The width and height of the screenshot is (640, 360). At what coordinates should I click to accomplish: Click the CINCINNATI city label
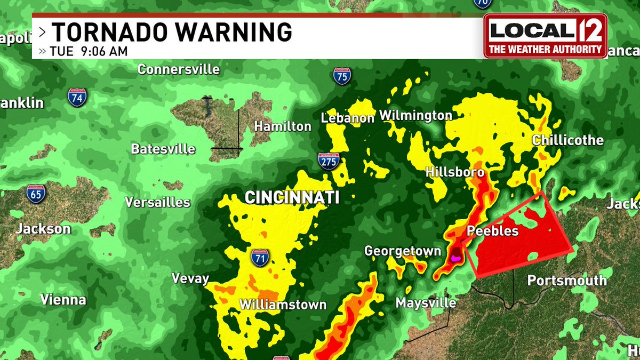tap(292, 198)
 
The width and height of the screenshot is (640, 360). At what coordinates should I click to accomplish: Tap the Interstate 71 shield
tap(260, 258)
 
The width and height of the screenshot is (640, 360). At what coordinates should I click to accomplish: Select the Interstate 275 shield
tap(329, 161)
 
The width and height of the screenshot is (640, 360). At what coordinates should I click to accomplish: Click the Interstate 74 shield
tap(76, 98)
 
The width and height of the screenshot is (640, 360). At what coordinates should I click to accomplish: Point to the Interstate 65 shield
tap(36, 193)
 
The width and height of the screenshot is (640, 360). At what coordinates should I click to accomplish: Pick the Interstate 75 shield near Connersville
tap(342, 76)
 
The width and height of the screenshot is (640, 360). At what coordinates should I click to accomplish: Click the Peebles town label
tap(492, 231)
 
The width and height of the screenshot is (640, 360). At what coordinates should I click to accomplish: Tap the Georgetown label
tap(403, 251)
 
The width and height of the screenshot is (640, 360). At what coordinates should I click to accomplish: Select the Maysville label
tap(426, 303)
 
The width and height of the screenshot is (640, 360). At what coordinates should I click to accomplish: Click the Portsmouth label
tap(566, 281)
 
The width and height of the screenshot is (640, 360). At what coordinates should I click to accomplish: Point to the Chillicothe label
tap(567, 140)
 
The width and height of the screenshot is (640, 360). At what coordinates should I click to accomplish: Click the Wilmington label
tap(415, 115)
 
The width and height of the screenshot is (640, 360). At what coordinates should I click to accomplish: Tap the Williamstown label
tap(282, 305)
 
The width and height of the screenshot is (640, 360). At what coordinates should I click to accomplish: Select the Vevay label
tap(190, 278)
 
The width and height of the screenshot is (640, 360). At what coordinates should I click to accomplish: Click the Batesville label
tap(163, 149)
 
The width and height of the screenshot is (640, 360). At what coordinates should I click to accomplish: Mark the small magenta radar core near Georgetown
tap(455, 258)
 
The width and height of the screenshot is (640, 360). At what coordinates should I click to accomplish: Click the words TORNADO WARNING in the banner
tap(172, 33)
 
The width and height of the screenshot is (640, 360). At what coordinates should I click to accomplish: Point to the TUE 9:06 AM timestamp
tap(88, 52)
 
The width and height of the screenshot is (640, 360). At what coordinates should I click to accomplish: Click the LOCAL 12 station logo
tap(545, 35)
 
